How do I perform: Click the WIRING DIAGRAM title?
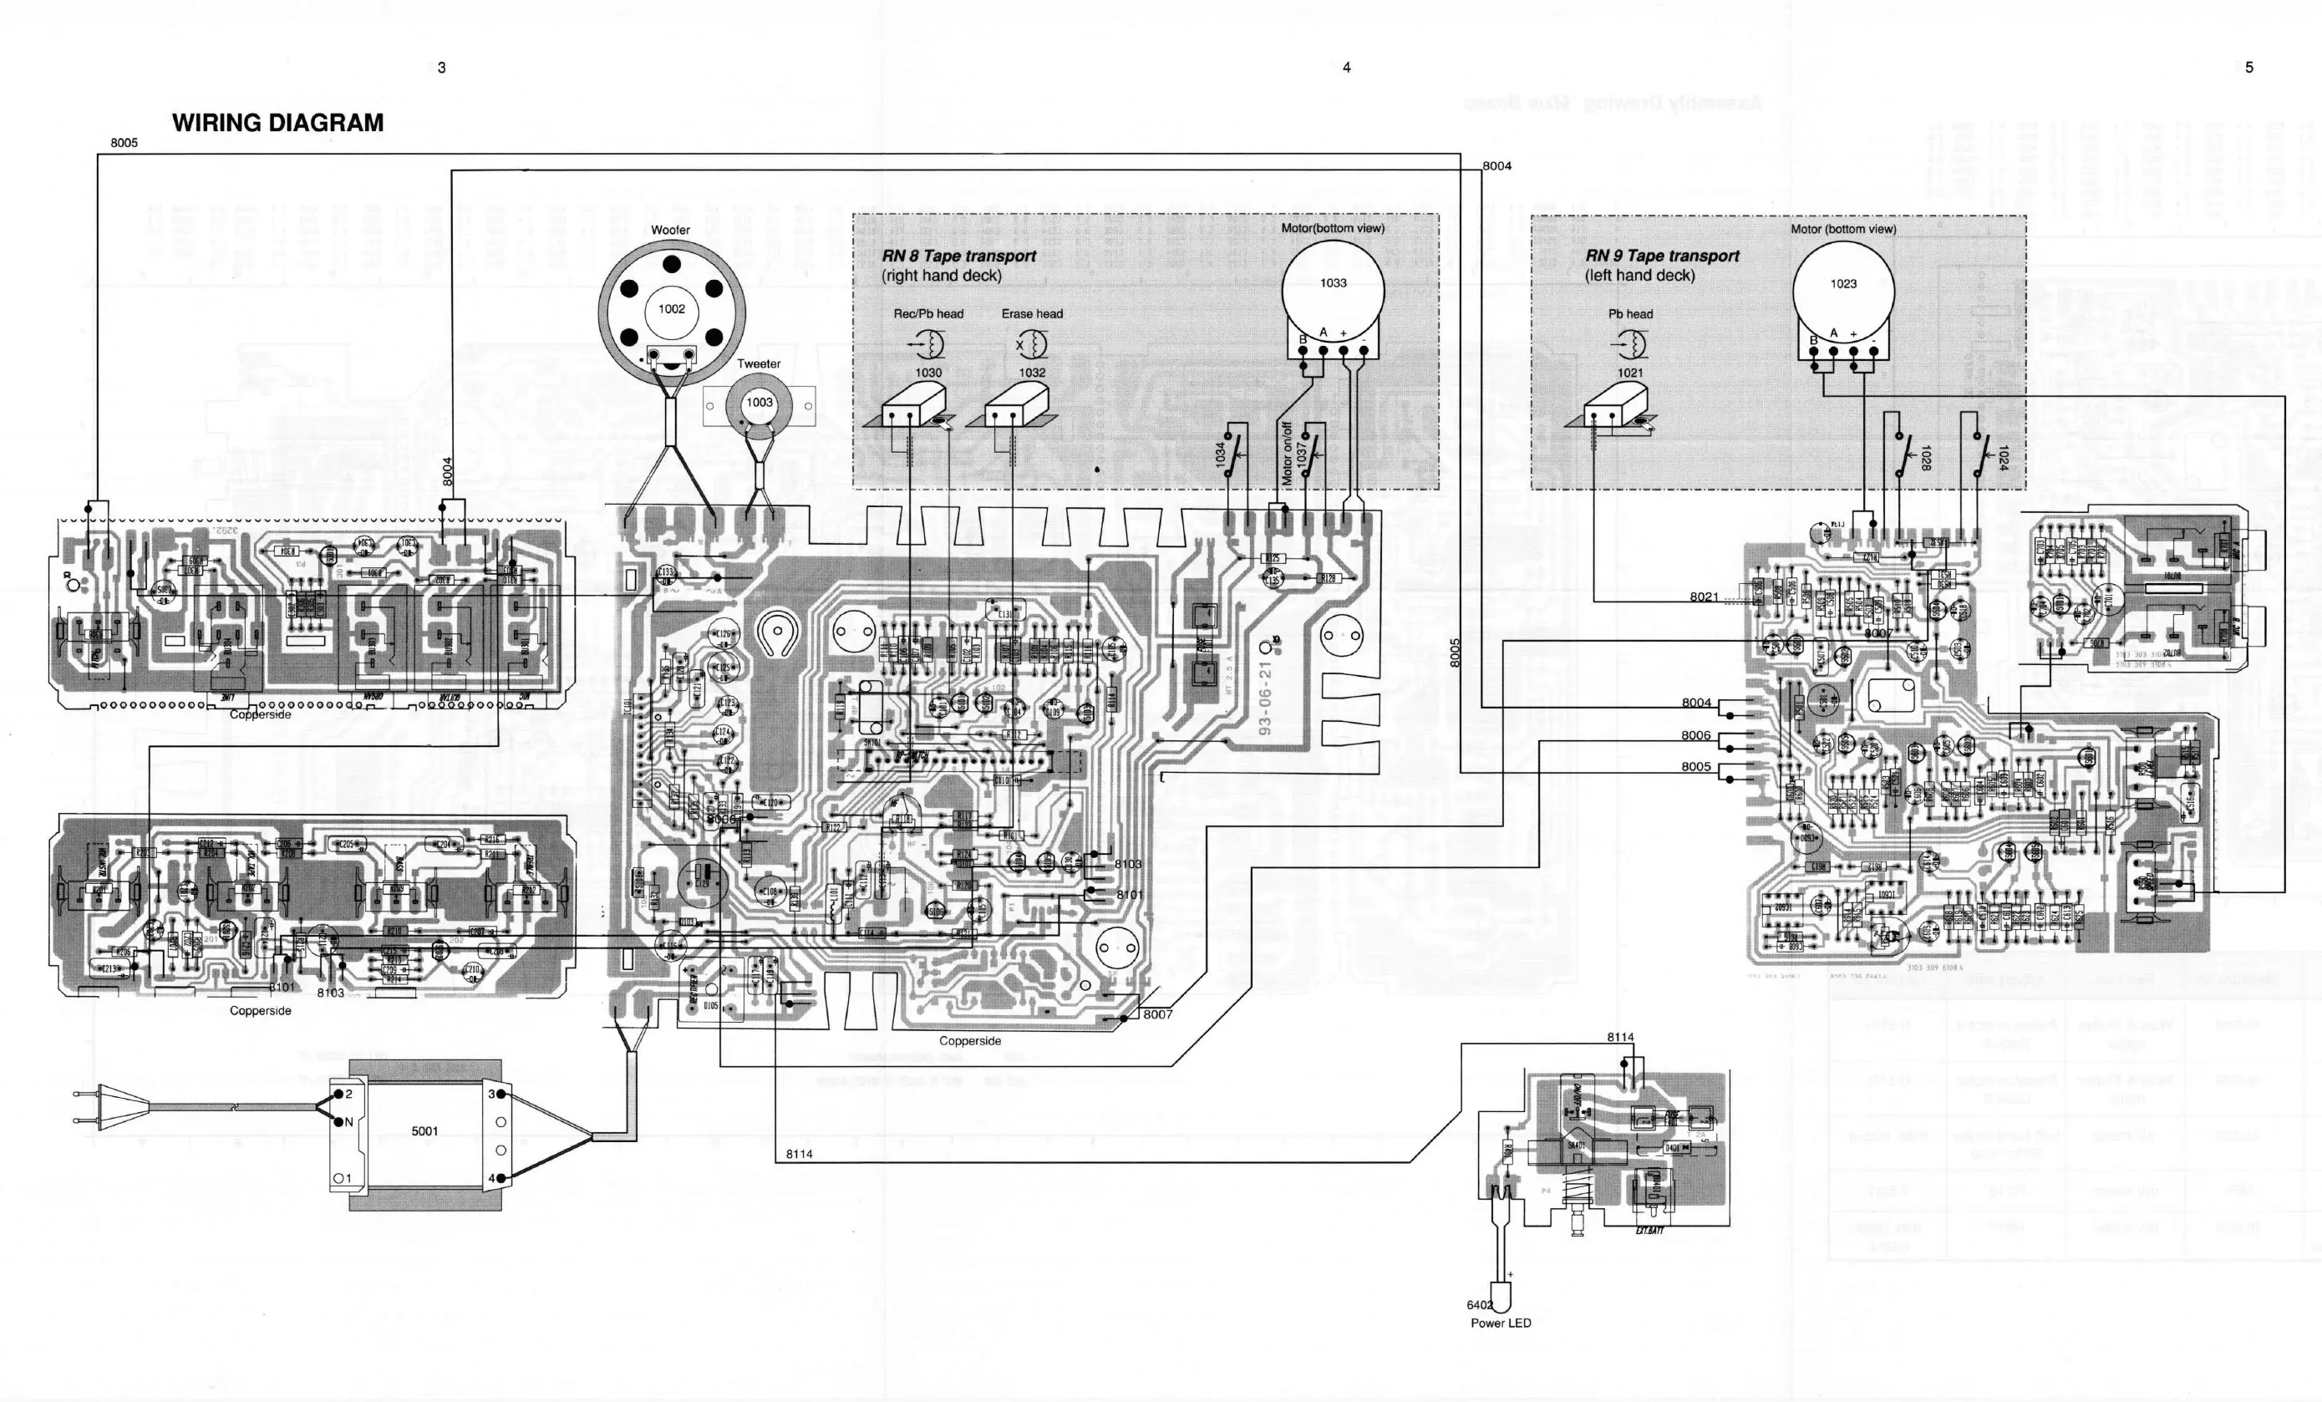277,123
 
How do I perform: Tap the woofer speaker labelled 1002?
671,308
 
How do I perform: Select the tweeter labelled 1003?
759,404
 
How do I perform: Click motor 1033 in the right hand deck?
1333,282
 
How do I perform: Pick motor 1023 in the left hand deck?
1843,283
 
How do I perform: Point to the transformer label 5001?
424,1130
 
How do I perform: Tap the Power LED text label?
1501,1323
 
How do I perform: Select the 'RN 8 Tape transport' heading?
958,256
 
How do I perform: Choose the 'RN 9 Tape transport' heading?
1663,256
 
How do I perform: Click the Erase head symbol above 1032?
1032,345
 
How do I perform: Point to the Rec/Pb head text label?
928,314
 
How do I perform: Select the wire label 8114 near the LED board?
1620,1036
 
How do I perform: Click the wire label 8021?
1704,597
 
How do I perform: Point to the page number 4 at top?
1347,67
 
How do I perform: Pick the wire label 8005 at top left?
124,142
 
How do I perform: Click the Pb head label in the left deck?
1630,314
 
